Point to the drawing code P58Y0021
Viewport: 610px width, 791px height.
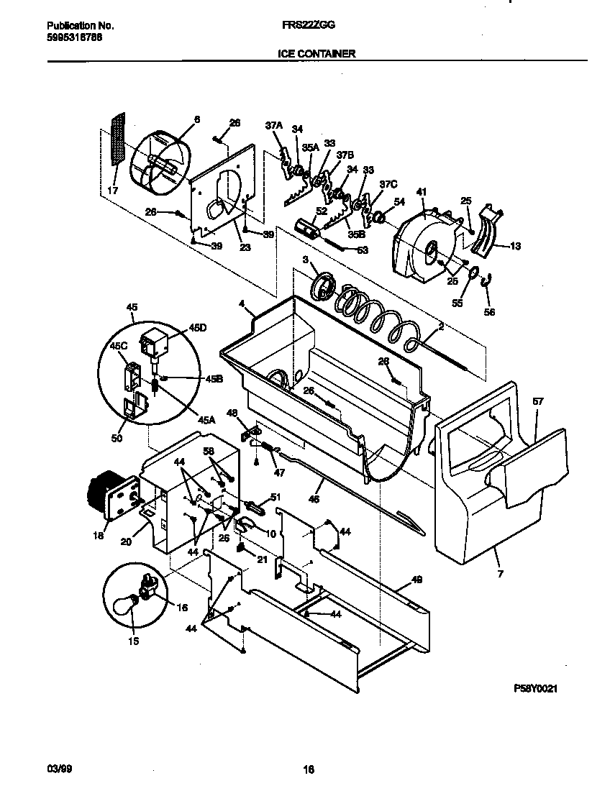pos(536,688)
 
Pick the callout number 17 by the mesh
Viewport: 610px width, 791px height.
pos(111,191)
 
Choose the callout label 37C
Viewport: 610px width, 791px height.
pos(388,184)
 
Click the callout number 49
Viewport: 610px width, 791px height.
pos(416,580)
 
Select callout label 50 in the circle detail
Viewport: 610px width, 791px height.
pos(116,437)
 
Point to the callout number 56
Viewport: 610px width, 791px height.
pos(491,313)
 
